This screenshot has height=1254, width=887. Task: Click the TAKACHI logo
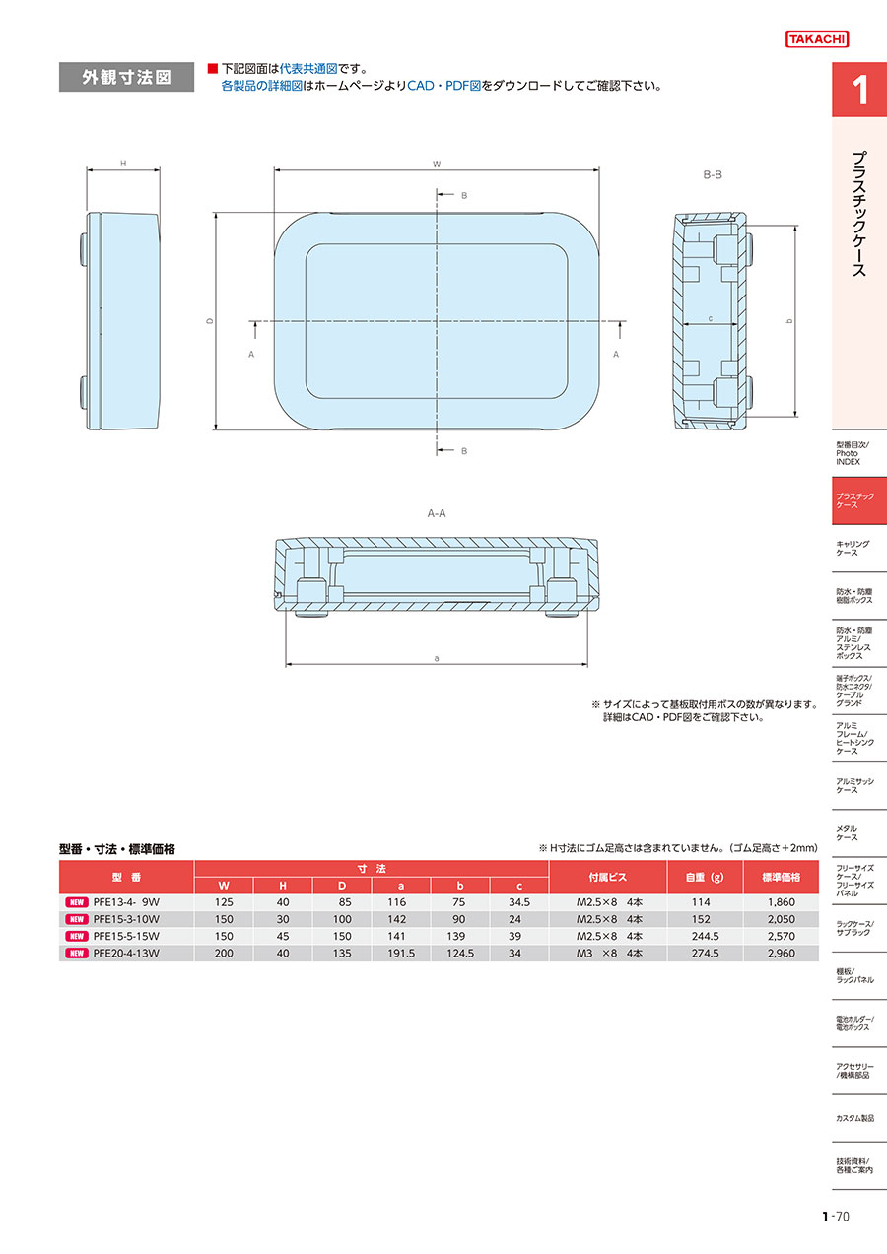pyautogui.click(x=817, y=38)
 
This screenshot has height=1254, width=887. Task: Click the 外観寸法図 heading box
pyautogui.click(x=126, y=77)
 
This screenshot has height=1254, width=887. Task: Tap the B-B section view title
pyautogui.click(x=713, y=174)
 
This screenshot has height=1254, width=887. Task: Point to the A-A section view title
pyautogui.click(x=437, y=513)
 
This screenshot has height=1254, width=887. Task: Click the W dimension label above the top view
pyautogui.click(x=437, y=165)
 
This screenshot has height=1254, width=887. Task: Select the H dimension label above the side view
pyautogui.click(x=123, y=164)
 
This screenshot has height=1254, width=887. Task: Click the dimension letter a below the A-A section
pyautogui.click(x=437, y=658)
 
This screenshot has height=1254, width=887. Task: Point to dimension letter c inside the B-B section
pyautogui.click(x=710, y=318)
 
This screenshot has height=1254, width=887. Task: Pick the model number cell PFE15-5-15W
pyautogui.click(x=126, y=936)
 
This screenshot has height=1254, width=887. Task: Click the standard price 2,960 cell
pyautogui.click(x=782, y=953)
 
